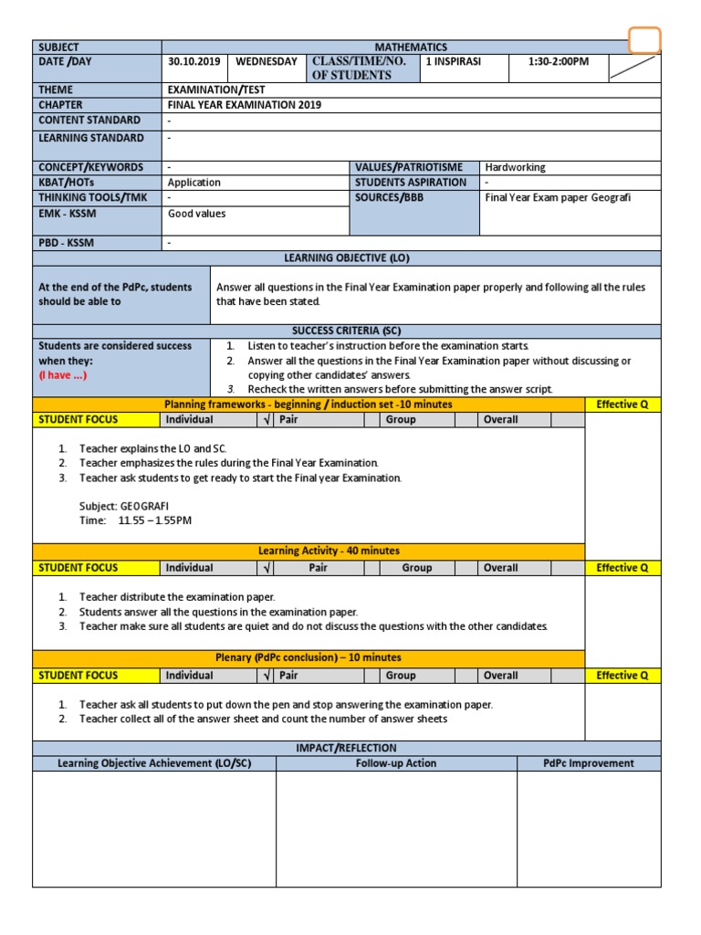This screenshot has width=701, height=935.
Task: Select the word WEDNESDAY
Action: coord(267,62)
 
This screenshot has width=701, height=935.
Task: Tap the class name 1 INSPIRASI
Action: coord(453,62)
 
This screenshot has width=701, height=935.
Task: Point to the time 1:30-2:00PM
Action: coord(560,62)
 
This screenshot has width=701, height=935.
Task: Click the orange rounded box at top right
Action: coord(644,40)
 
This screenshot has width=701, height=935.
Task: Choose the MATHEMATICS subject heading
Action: coord(411,47)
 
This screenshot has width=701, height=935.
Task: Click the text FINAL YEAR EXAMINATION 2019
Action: coord(245,105)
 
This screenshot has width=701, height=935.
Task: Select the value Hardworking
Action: coord(516,167)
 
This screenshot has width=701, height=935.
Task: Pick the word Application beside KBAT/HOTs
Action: coord(194,183)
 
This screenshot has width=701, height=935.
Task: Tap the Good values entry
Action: coord(196,214)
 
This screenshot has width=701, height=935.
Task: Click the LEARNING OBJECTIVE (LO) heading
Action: coord(347,258)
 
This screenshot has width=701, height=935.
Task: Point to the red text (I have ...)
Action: coord(63,375)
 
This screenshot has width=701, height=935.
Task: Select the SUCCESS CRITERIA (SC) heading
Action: coord(347,331)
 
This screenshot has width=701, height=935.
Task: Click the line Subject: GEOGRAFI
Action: coord(124,506)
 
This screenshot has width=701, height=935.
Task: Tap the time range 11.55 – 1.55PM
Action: coord(155,520)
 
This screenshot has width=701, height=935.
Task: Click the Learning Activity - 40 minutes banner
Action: coord(329,551)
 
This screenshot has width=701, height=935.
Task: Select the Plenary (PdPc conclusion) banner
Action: coord(309,657)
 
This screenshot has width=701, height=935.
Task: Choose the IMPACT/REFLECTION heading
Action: coord(347,748)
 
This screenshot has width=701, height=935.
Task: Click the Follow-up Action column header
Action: coord(396,763)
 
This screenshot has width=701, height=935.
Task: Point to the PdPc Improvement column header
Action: coord(589,763)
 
